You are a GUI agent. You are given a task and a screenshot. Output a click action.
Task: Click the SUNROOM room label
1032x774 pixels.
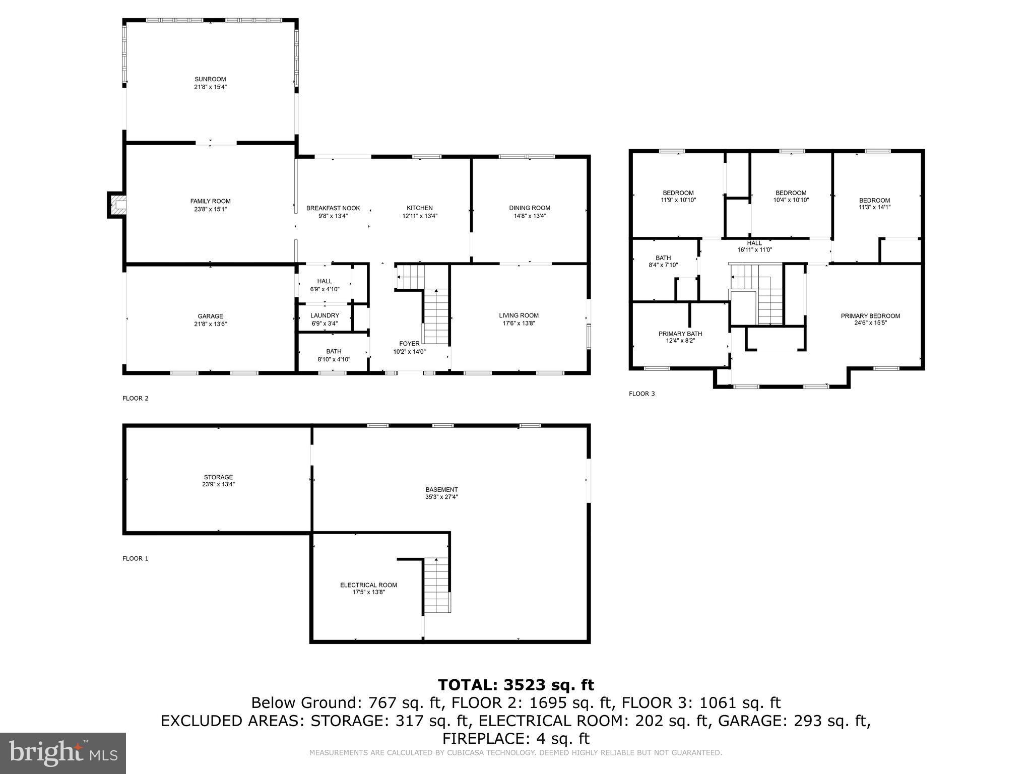(210, 79)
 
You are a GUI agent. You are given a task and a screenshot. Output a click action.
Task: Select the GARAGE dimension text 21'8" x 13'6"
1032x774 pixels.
(210, 324)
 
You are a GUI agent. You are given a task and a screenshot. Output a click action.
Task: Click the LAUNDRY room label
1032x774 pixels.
(325, 315)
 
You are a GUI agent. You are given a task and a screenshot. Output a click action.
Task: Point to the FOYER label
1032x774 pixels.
(409, 344)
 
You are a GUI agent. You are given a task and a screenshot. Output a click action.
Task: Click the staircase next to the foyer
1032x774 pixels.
(435, 316)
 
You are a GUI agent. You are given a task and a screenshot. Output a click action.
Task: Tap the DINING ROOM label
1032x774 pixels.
(529, 208)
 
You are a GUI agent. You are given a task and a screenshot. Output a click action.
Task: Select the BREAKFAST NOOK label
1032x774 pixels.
(333, 208)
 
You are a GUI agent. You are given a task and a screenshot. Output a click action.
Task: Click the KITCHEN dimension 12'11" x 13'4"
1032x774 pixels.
(419, 216)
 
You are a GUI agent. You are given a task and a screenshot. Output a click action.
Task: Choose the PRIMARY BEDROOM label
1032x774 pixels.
(870, 316)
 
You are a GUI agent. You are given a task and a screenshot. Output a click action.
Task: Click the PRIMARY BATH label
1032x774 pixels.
(680, 334)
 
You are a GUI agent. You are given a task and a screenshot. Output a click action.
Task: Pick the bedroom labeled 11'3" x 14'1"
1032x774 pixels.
(874, 204)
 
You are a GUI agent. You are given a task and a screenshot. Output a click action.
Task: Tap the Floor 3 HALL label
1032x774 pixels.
(754, 243)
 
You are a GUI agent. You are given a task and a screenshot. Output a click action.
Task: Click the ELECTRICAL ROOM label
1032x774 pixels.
(368, 585)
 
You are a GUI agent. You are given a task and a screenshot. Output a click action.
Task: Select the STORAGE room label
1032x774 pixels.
(218, 477)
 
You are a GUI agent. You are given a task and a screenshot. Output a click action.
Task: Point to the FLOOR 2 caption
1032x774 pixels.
(136, 398)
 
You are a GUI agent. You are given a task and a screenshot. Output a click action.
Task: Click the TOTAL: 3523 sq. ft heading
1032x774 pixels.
(515, 685)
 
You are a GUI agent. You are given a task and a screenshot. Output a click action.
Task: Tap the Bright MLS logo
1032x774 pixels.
(63, 753)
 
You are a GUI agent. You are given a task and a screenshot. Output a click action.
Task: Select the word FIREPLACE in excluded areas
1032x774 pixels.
(484, 739)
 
